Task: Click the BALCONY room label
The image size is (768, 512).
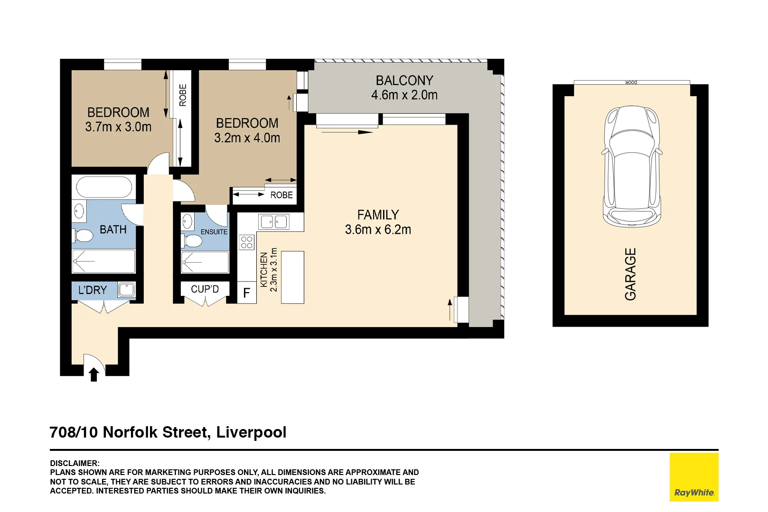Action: (x=404, y=81)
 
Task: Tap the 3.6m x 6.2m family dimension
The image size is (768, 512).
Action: (x=378, y=230)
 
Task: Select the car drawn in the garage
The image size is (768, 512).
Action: (x=631, y=166)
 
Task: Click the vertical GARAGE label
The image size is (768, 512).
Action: (x=630, y=274)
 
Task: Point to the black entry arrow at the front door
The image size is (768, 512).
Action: (x=94, y=375)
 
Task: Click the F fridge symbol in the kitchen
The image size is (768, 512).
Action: (x=246, y=293)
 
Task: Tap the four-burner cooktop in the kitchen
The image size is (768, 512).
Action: (x=247, y=242)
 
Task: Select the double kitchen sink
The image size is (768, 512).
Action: (x=274, y=221)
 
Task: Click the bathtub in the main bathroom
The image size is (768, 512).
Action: (x=104, y=187)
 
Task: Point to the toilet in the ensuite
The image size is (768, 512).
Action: (x=192, y=240)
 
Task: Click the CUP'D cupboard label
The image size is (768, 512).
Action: (x=205, y=289)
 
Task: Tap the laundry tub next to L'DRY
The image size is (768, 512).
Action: (x=126, y=289)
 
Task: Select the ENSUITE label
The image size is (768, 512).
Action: (x=214, y=232)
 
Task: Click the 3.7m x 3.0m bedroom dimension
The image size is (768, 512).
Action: (x=118, y=127)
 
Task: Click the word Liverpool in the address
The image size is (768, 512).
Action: (x=251, y=432)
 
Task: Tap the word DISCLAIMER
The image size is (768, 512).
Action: (x=75, y=463)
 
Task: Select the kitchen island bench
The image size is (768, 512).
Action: (x=292, y=277)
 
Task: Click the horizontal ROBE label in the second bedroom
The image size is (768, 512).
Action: (x=281, y=195)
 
